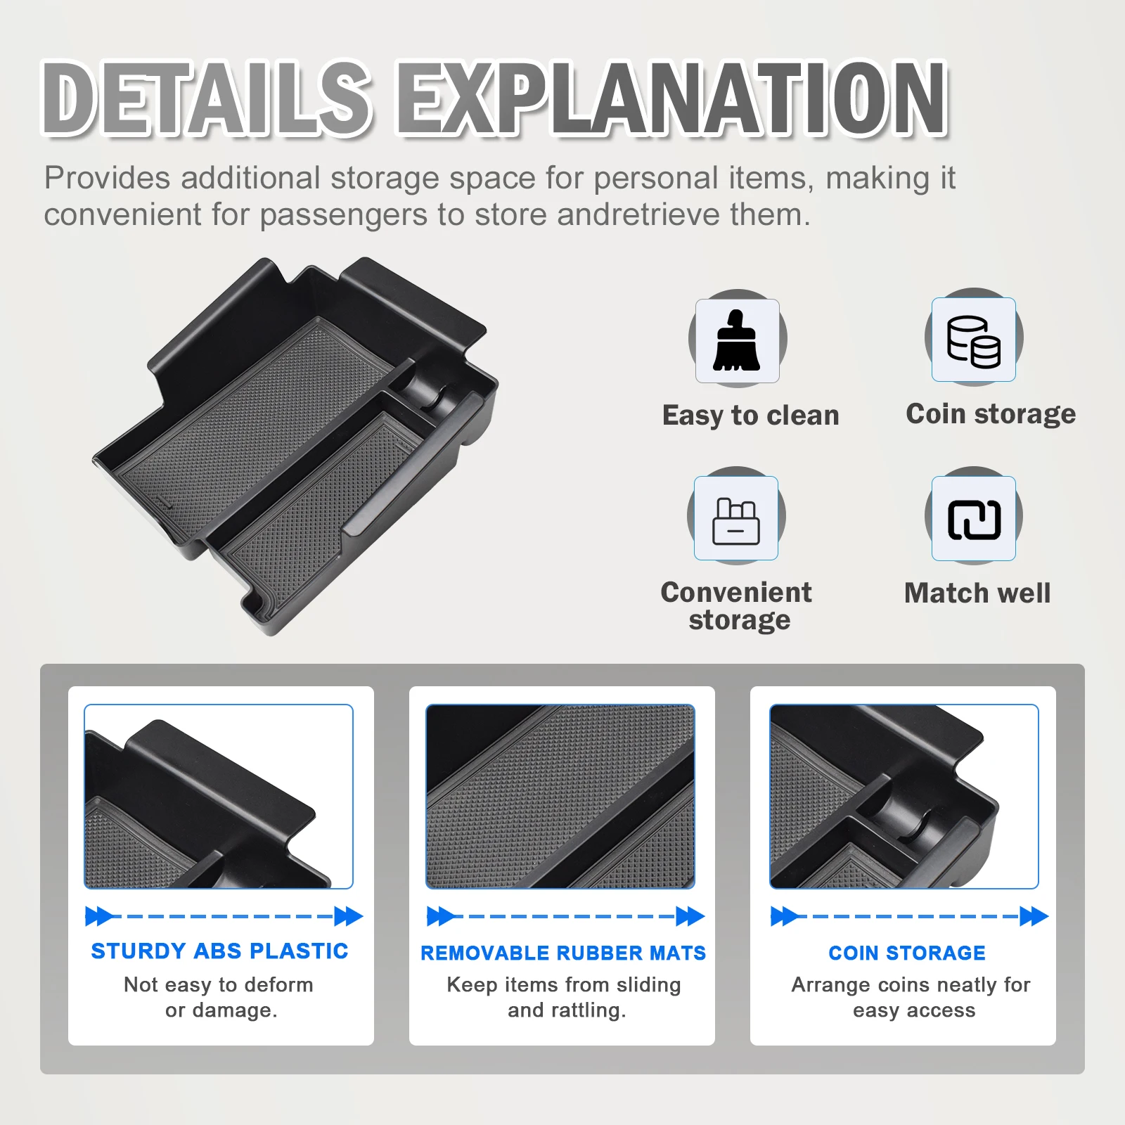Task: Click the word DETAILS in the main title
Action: [207, 98]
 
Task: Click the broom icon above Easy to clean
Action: [737, 340]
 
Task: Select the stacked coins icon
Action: [974, 341]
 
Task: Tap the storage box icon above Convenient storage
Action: [735, 521]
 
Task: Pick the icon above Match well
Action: [974, 520]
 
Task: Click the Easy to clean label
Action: [751, 416]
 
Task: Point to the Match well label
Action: [977, 593]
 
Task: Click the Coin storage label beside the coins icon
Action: [991, 414]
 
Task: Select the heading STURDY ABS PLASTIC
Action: [220, 951]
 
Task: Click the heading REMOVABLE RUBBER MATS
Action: [563, 953]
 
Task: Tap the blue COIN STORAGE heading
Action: [907, 953]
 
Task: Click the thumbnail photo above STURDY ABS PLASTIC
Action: [219, 797]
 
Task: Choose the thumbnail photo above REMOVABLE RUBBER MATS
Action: [560, 797]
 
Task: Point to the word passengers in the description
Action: [344, 214]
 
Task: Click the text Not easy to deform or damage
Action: [219, 997]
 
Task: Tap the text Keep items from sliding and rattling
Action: [564, 997]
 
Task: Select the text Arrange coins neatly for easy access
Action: [911, 997]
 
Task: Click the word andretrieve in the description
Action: [638, 214]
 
